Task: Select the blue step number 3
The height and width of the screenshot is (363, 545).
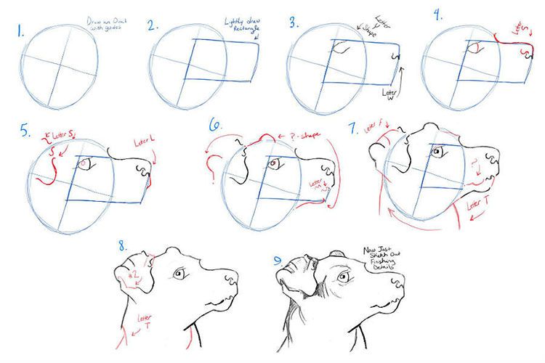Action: (x=293, y=23)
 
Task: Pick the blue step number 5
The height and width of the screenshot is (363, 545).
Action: (x=27, y=131)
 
